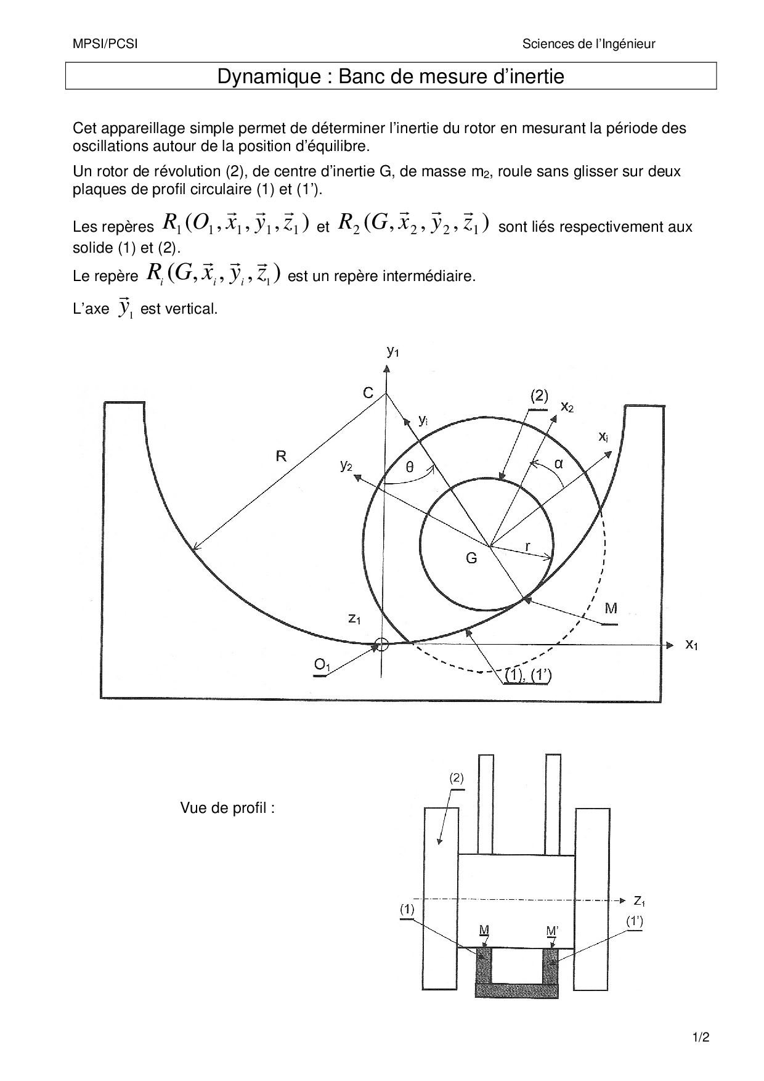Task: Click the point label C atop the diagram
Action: click(x=368, y=393)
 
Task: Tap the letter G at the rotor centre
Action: click(x=471, y=558)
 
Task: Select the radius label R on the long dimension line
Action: click(x=281, y=456)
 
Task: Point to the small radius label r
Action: click(x=528, y=546)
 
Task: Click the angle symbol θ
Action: click(x=410, y=468)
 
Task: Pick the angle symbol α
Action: click(x=559, y=463)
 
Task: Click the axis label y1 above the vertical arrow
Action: click(x=392, y=351)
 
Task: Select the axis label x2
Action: click(x=567, y=407)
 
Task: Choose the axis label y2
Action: click(x=346, y=466)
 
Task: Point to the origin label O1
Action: click(x=322, y=665)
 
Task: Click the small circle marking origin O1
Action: click(x=382, y=645)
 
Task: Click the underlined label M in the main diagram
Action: click(x=611, y=609)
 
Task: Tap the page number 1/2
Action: click(x=701, y=1037)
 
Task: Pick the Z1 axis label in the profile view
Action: click(x=640, y=901)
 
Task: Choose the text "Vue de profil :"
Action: click(x=227, y=808)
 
